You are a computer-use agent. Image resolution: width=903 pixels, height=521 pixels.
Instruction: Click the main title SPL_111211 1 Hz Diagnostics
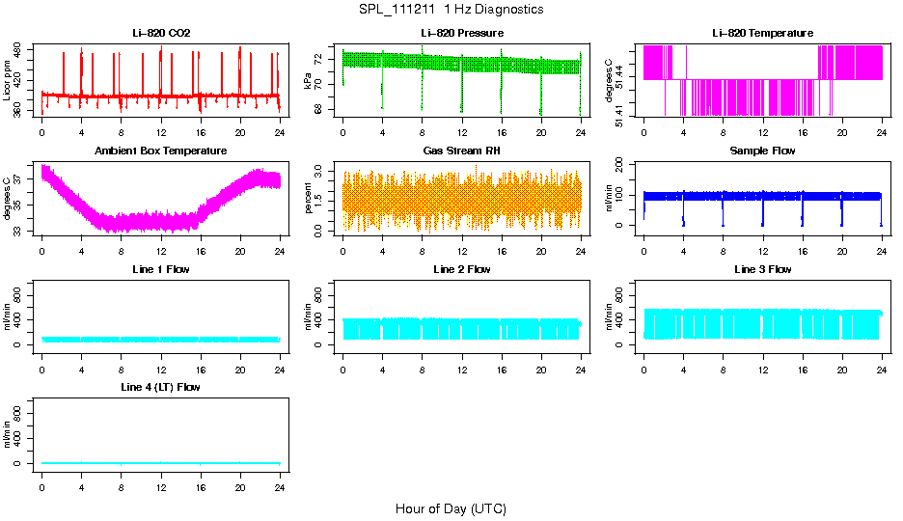point(451,10)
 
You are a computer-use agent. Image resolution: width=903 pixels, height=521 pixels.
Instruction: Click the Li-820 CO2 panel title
point(161,34)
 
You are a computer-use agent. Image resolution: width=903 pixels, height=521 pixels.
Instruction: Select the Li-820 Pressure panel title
point(461,34)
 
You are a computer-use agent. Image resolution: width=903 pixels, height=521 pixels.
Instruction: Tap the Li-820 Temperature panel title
point(762,34)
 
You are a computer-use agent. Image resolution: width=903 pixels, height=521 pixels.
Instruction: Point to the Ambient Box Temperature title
point(161,151)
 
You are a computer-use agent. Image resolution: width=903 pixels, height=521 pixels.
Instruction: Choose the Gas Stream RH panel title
point(461,151)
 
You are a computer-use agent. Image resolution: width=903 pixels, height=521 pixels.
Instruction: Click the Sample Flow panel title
point(762,151)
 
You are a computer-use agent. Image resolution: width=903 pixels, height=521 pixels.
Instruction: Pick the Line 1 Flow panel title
point(161,269)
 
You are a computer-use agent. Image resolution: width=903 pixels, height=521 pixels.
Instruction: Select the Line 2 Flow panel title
point(461,269)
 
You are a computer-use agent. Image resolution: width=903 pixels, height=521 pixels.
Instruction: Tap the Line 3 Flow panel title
point(762,269)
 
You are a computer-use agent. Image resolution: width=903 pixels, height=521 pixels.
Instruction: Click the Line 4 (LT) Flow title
point(161,387)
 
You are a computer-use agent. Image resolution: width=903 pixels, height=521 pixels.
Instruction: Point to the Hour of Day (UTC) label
point(451,508)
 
